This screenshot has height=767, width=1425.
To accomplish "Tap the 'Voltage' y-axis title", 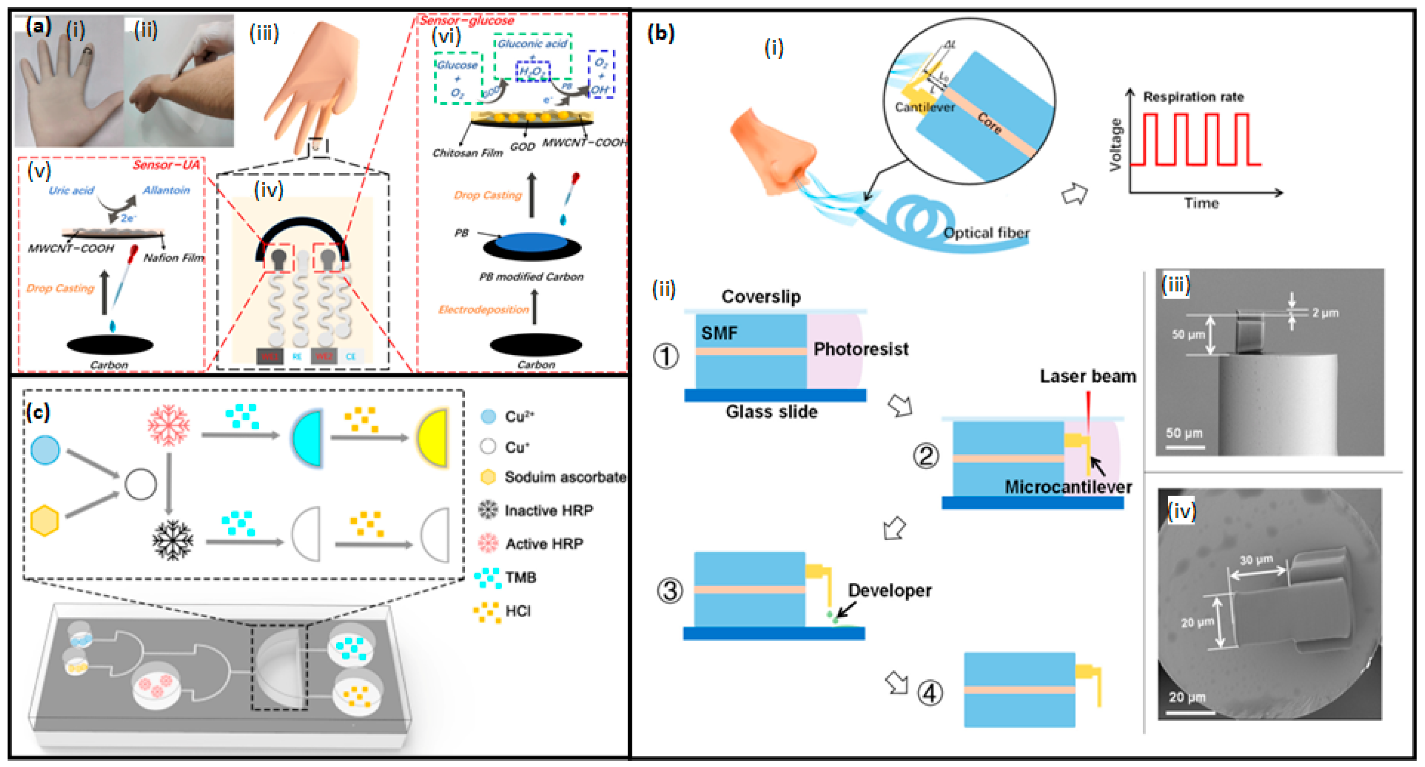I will [x=1115, y=145].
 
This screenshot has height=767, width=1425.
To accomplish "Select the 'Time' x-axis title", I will [x=1201, y=203].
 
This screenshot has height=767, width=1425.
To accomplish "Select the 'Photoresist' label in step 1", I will [x=860, y=349].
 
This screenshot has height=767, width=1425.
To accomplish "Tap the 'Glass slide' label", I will [x=771, y=412].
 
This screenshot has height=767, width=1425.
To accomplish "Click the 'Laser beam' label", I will [x=1087, y=376].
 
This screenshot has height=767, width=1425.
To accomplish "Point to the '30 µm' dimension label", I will [x=1256, y=560].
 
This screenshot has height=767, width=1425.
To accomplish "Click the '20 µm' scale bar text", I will [x=1187, y=697].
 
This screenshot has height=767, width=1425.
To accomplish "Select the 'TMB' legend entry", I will [x=520, y=578].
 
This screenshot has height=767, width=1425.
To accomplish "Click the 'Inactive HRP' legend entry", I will [x=548, y=510].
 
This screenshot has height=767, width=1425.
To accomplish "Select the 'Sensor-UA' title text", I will [x=166, y=165].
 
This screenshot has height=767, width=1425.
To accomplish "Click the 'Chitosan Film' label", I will [x=468, y=153].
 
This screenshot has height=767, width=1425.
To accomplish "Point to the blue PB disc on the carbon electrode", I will [x=531, y=242].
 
